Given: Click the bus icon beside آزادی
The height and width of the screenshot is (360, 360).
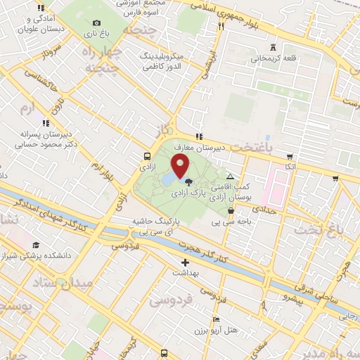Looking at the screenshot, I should (146, 157).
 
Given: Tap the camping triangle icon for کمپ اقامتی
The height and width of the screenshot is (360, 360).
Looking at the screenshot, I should (231, 176).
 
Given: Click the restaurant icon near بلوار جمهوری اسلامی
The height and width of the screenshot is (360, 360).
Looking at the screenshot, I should (221, 26).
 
